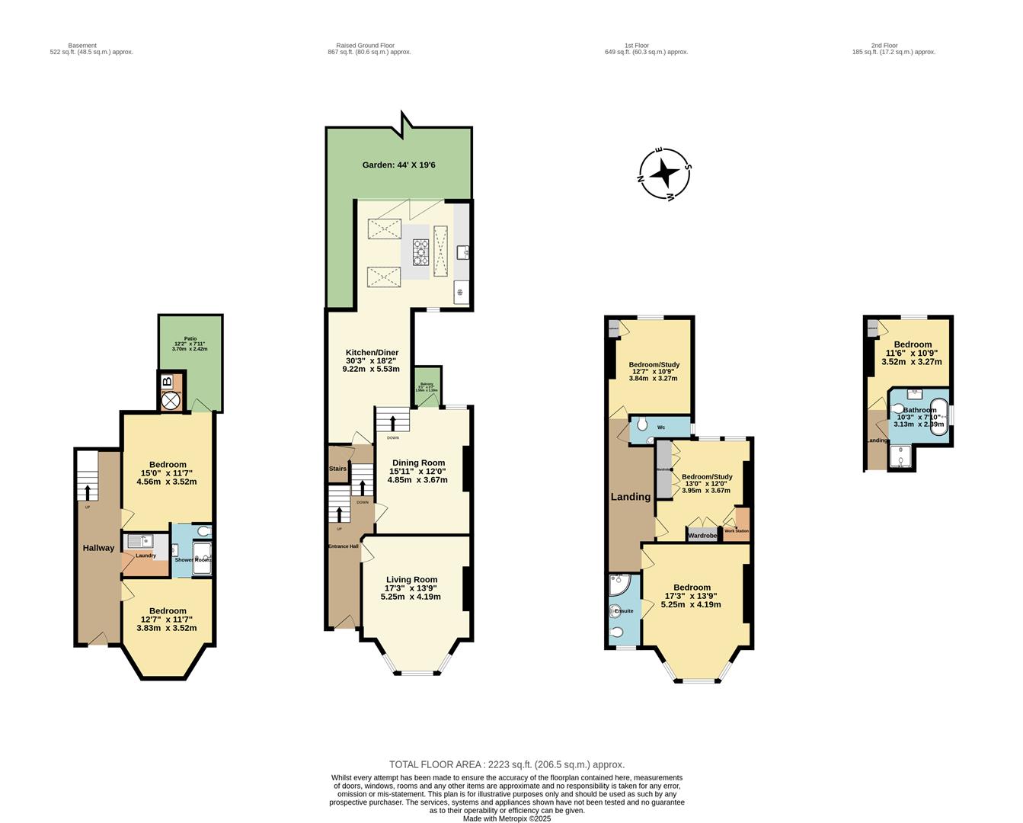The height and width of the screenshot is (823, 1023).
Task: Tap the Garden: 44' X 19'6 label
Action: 398,165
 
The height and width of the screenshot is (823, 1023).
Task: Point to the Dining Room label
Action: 418,463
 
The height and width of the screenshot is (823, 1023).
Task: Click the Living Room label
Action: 411,580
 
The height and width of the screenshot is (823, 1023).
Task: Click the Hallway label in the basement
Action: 98,548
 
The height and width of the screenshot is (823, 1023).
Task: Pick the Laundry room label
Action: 145,556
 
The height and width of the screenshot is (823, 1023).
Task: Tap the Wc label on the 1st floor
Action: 660,428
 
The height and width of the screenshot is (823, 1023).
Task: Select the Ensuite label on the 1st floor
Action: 624,611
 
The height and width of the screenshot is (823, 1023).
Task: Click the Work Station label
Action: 736,531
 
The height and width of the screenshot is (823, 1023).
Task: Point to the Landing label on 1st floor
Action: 631,497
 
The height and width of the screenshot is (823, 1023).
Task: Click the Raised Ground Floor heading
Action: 369,46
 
